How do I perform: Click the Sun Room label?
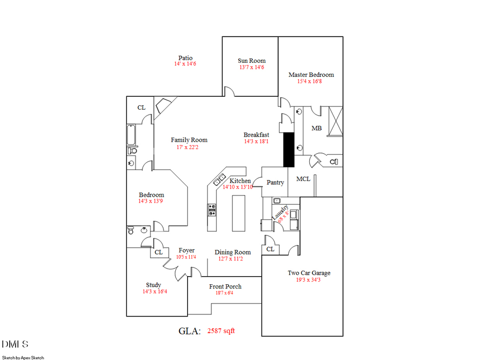[x=252, y=61]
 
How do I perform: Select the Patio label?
[x=186, y=58]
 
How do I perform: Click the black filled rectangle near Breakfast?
[x=289, y=149]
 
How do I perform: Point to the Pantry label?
[x=275, y=183]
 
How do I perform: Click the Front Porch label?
[x=225, y=286]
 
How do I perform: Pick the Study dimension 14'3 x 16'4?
[x=154, y=292]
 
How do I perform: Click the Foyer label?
[x=186, y=250]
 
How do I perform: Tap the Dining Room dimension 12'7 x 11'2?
[x=232, y=258]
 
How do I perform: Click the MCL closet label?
[x=303, y=179]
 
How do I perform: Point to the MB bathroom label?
[x=317, y=128]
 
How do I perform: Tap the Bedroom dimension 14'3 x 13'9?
[x=151, y=201]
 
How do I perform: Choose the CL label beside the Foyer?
[x=158, y=252]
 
